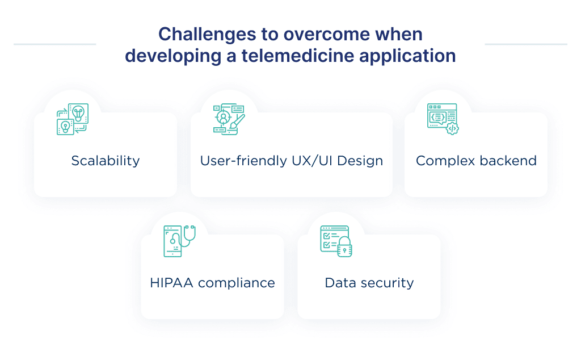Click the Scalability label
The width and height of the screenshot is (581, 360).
tap(105, 161)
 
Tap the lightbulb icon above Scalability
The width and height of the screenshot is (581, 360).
tap(73, 119)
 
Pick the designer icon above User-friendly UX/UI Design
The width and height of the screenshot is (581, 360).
tap(228, 119)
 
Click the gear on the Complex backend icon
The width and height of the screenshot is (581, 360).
tap(452, 128)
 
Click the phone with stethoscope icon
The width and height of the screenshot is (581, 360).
tap(178, 241)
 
